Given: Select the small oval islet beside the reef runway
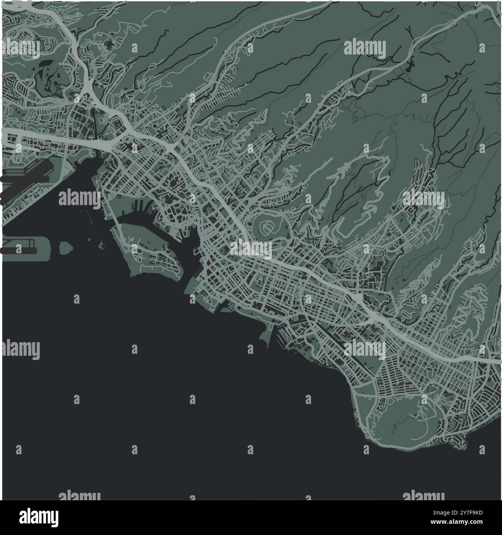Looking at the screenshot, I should pyautogui.click(x=66, y=248).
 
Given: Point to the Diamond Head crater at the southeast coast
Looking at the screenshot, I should pyautogui.click(x=402, y=421).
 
